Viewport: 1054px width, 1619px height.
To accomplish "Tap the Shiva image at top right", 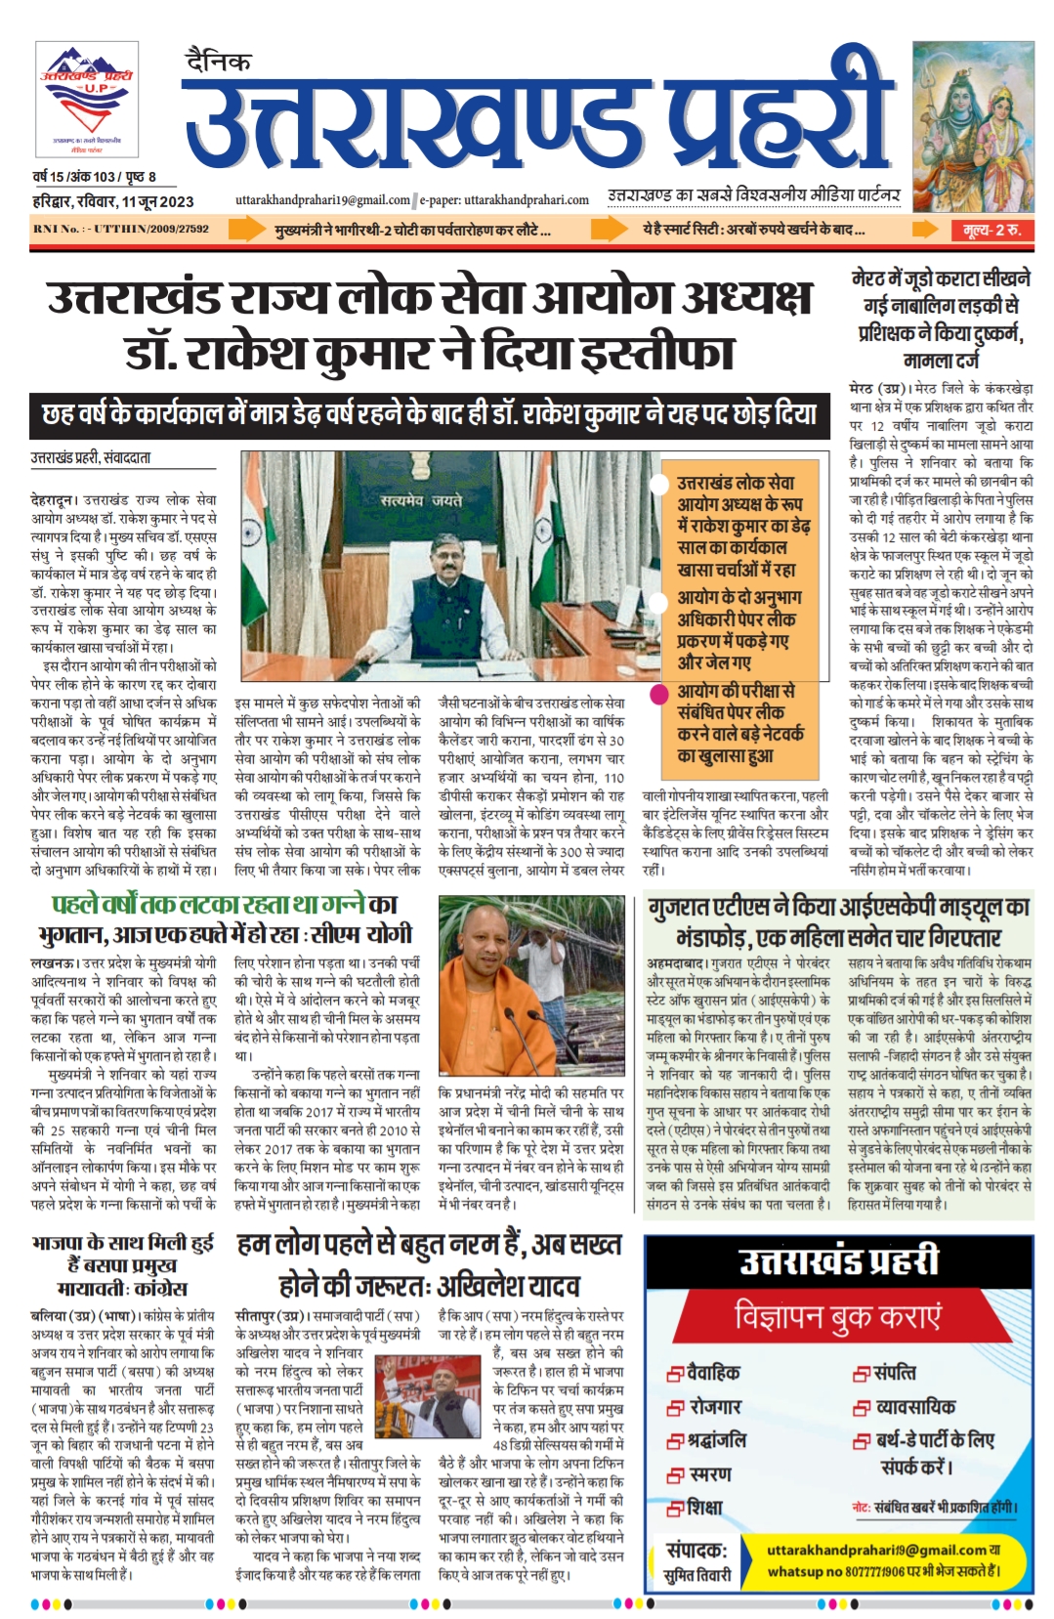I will pos(972,124).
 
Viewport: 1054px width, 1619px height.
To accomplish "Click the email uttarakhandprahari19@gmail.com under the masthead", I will pos(322,200).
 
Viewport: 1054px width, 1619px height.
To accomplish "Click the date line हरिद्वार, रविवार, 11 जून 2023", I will pos(112,202).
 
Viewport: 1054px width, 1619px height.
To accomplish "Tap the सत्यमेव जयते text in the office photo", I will pos(422,500).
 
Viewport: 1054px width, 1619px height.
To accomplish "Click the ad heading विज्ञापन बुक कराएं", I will pos(838,1316).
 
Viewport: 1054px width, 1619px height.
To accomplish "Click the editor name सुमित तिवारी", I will pos(696,1575).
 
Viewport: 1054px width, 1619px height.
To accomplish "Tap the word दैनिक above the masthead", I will pos(217,62).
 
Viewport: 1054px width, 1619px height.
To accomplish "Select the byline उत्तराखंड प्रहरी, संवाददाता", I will pos(91,457).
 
